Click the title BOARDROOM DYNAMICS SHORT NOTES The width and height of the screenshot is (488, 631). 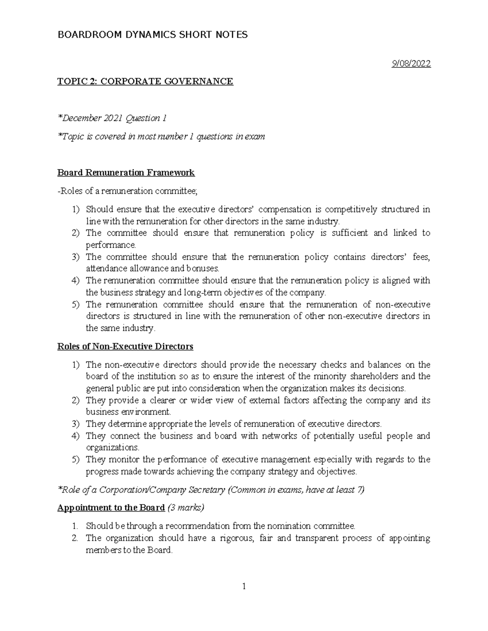pyautogui.click(x=152, y=35)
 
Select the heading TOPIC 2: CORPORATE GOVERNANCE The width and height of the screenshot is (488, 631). pyautogui.click(x=145, y=82)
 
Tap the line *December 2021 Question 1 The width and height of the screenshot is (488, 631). pyautogui.click(x=112, y=118)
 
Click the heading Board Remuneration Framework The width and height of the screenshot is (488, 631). pyautogui.click(x=126, y=173)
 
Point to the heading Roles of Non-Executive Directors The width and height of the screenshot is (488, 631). pyautogui.click(x=125, y=347)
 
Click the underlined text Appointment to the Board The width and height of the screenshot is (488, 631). pyautogui.click(x=111, y=508)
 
